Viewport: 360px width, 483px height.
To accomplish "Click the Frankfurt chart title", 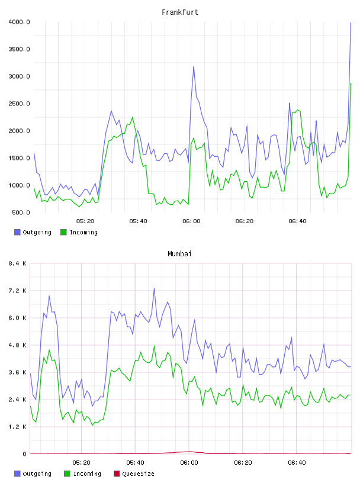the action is [x=180, y=12].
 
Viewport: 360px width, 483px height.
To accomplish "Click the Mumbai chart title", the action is [x=179, y=254].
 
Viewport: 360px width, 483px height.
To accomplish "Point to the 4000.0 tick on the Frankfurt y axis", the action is [x=19, y=22].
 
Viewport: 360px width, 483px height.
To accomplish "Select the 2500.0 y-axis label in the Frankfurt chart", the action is [x=19, y=104].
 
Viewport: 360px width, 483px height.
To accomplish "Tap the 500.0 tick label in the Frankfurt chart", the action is [x=21, y=212].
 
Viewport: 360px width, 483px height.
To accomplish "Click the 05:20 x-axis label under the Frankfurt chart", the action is [x=85, y=221].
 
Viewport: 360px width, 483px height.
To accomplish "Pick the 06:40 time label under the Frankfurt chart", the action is [x=297, y=221].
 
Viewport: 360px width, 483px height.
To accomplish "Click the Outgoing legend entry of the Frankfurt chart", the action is [x=33, y=232].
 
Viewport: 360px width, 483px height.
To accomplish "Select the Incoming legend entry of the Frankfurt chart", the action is [x=79, y=232].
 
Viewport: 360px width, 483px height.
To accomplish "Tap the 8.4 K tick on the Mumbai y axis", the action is [x=17, y=263].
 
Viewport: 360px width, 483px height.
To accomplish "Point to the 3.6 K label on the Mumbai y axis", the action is [x=17, y=372].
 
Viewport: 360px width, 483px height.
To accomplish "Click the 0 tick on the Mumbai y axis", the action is [x=24, y=454].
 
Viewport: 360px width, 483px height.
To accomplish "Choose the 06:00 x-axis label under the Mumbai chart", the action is [x=189, y=463].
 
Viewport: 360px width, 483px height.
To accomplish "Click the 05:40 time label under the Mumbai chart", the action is [x=135, y=463].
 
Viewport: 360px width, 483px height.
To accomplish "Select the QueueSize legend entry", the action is [x=134, y=474].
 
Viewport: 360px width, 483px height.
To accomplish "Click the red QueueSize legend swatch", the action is [x=117, y=474].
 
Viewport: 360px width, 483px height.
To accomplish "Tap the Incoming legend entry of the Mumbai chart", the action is [x=83, y=474].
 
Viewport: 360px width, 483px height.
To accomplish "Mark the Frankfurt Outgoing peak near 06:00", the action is [x=194, y=66].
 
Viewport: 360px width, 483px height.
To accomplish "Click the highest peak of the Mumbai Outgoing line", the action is [x=154, y=289].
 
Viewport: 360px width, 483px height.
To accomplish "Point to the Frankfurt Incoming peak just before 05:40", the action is [x=133, y=117].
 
